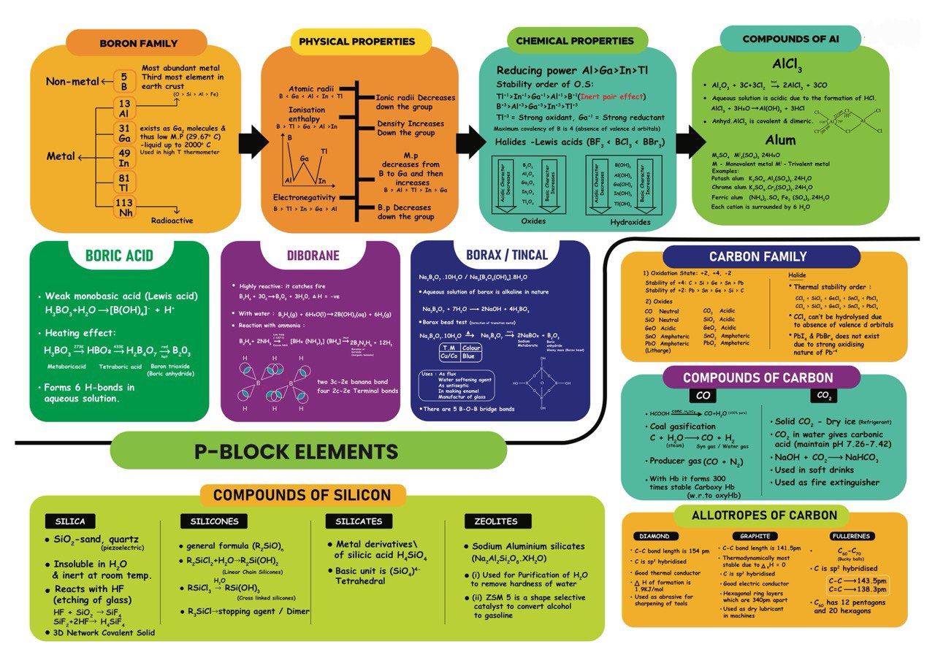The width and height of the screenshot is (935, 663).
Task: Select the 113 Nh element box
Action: click(x=126, y=208)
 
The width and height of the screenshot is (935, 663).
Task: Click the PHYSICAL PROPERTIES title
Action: click(x=357, y=42)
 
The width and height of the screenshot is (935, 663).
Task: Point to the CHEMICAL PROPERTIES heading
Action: click(x=575, y=41)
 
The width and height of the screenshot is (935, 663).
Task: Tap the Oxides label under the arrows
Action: click(x=533, y=221)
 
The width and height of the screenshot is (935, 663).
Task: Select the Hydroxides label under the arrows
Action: click(x=630, y=221)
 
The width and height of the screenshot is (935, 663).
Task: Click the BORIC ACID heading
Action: click(x=119, y=256)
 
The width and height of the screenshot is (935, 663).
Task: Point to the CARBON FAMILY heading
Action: click(x=758, y=256)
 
